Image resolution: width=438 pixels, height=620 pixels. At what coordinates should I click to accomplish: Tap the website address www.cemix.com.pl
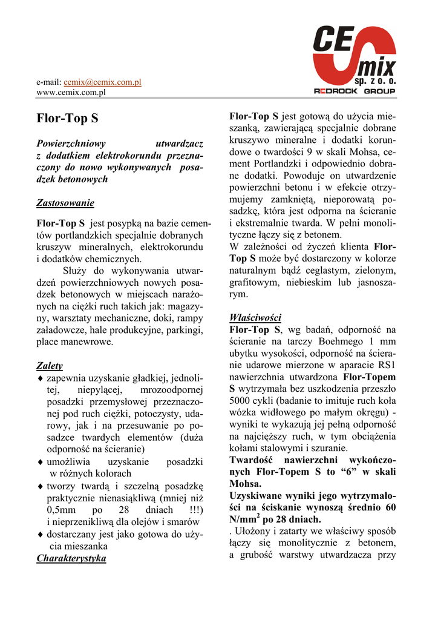(x=71, y=93)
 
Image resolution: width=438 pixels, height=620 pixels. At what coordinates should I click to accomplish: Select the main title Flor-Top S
(x=67, y=119)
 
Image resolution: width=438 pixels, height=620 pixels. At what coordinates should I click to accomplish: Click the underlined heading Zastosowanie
(x=65, y=202)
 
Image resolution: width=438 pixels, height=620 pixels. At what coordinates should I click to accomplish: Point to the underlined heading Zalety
(x=50, y=366)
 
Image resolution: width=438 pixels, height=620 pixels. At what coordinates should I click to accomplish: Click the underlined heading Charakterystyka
(x=71, y=558)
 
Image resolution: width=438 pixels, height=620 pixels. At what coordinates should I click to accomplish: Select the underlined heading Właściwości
(x=255, y=318)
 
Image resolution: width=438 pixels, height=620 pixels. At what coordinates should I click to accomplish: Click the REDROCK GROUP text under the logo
(x=355, y=91)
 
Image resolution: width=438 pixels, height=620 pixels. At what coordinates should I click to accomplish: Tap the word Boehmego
(x=342, y=341)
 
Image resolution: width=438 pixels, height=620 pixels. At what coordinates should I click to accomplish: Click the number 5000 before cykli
(x=241, y=401)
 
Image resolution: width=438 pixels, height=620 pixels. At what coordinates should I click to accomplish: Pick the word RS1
(x=385, y=365)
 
